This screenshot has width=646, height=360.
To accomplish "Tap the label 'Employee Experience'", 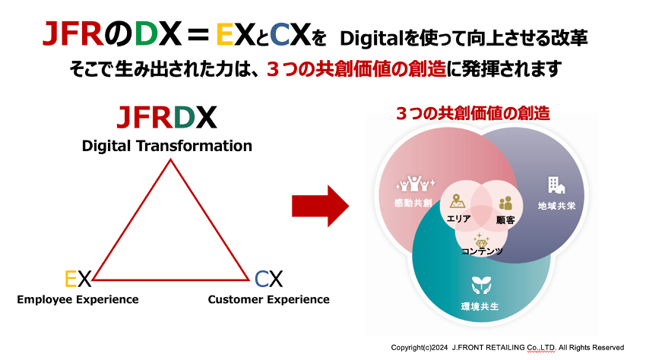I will (78, 299).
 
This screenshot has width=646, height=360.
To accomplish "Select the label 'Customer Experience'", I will (268, 299).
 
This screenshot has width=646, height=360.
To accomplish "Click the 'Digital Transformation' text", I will (166, 145).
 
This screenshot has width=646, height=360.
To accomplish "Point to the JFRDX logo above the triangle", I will (166, 118).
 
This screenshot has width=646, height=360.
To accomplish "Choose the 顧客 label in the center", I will (505, 219).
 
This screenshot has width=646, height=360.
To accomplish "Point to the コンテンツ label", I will (482, 251).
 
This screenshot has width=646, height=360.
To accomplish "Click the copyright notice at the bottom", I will (507, 347).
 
